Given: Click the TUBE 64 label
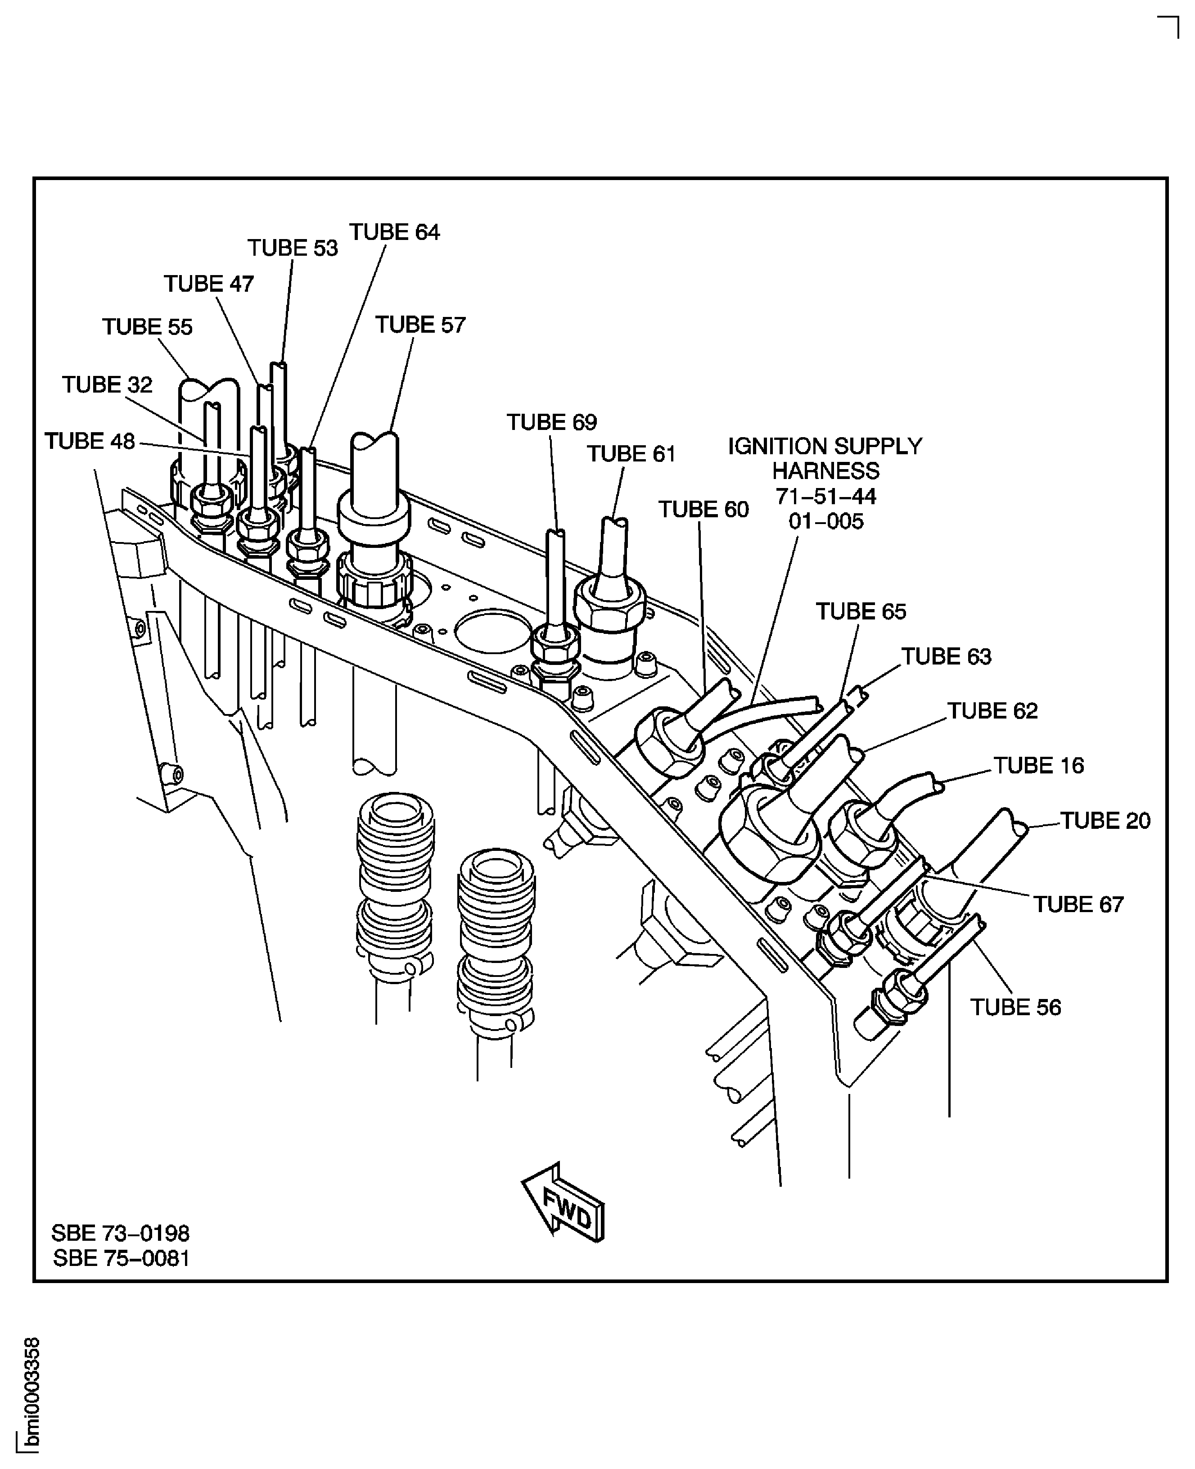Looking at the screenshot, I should coord(394,232).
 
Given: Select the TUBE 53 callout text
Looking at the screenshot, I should coord(293,248).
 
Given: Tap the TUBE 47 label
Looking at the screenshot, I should coord(208,284).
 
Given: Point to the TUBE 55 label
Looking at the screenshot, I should coord(147,326).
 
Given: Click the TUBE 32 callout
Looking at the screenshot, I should coord(108,384).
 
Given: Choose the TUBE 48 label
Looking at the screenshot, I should coord(90,441).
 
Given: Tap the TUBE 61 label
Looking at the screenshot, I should coord(631,454).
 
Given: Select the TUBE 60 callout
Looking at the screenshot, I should coord(703,509).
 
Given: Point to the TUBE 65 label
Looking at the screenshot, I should coord(861,611).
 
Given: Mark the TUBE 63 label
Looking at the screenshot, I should coord(947,657).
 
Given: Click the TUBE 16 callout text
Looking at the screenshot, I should coord(1039,765).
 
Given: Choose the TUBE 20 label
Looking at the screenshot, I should coord(1105,821).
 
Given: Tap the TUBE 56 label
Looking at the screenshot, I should coord(1015,1007).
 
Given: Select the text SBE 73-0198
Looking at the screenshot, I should coord(121,1233).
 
